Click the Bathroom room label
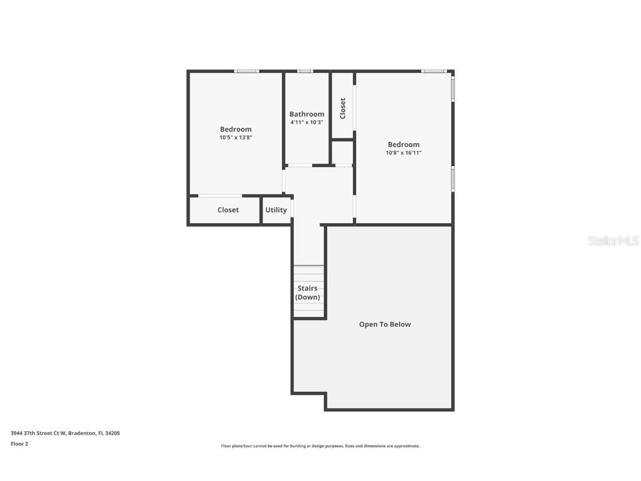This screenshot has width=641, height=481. (x=307, y=114)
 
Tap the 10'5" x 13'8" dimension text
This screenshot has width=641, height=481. (x=236, y=138)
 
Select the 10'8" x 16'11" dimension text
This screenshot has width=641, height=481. (x=403, y=153)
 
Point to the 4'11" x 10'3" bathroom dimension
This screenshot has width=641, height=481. (x=307, y=122)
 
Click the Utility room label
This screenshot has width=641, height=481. (x=276, y=210)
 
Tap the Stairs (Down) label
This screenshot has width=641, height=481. (x=308, y=293)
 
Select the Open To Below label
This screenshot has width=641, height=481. (x=384, y=325)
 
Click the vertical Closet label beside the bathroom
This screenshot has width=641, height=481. (x=343, y=108)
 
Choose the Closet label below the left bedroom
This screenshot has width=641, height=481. (x=228, y=210)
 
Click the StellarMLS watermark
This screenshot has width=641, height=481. (x=614, y=241)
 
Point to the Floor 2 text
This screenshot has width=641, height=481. (x=19, y=444)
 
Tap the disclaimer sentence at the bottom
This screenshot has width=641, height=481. (x=320, y=446)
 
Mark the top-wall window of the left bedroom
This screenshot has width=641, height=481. (x=246, y=71)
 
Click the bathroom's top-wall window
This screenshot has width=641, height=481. (x=305, y=71)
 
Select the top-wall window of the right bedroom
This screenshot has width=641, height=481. (x=433, y=71)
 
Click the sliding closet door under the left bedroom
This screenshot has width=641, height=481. (x=220, y=195)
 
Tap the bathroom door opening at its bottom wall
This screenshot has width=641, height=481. (x=299, y=165)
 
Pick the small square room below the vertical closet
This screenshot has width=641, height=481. (x=343, y=153)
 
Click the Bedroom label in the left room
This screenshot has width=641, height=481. (x=236, y=129)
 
